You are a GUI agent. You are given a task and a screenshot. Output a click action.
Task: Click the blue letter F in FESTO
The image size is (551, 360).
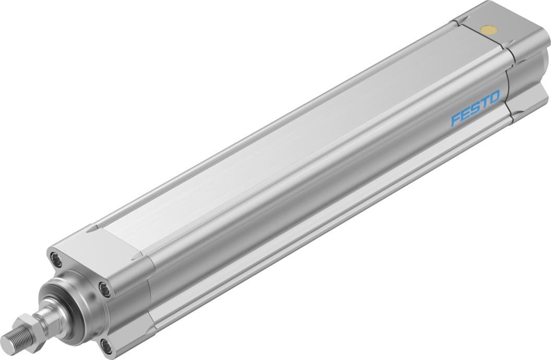click(x=456, y=120)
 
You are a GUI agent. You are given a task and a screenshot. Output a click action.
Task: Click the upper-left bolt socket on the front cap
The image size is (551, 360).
click(x=54, y=257)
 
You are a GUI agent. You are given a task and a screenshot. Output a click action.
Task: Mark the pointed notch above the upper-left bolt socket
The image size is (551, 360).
click(x=91, y=229)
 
